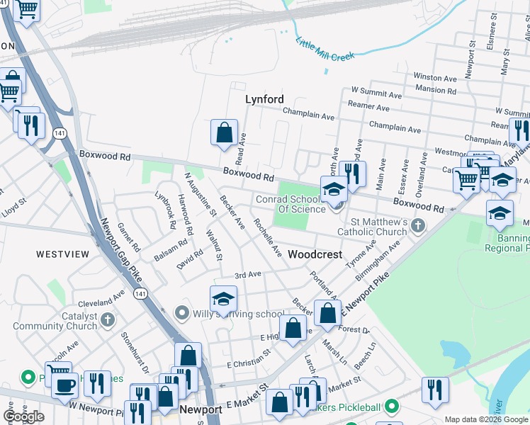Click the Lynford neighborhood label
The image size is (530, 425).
(x=264, y=100)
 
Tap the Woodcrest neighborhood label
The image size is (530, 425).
(x=315, y=254)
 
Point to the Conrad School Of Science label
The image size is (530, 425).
(x=291, y=204)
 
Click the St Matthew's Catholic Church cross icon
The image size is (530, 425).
(x=418, y=226)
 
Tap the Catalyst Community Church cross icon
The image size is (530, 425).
(x=108, y=320)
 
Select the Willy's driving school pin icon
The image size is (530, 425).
(x=181, y=312)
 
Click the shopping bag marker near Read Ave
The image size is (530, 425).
(x=224, y=132)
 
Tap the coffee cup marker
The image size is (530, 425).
(x=66, y=386)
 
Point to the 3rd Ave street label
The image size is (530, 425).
(x=248, y=275)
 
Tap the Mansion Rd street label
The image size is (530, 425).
(x=436, y=90)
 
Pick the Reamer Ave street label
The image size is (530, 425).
(x=368, y=108)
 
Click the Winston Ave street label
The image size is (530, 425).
(x=434, y=77)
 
